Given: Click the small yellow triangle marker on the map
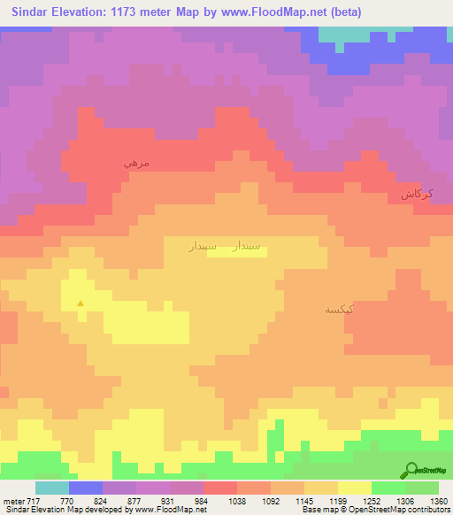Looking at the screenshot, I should click(81, 304).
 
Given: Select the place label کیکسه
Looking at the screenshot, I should click(340, 309).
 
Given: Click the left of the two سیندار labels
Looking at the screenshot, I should click(204, 249).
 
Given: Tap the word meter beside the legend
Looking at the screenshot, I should click(13, 500).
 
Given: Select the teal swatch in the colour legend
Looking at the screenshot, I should click(52, 488).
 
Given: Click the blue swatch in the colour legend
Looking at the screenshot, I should click(86, 488).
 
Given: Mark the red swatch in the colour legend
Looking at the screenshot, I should click(219, 488).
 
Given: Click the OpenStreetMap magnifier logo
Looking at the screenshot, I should click(411, 469).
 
